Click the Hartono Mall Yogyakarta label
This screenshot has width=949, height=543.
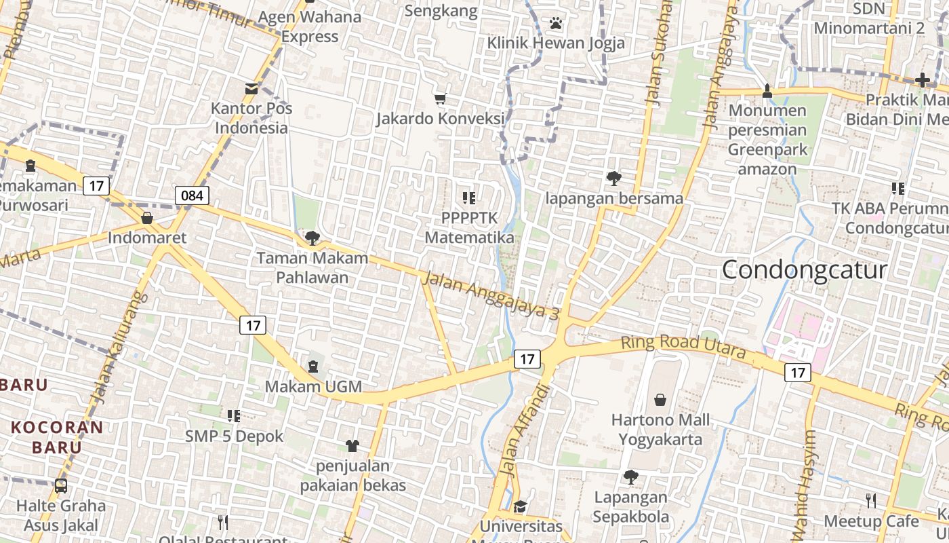click(660, 430)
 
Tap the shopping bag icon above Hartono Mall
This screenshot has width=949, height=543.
click(660, 400)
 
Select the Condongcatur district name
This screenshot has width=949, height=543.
click(804, 270)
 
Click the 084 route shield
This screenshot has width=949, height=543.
click(192, 195)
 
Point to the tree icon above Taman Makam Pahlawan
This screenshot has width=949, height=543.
click(312, 238)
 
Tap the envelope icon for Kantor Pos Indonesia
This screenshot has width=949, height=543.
click(251, 88)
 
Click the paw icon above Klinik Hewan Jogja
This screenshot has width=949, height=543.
click(556, 24)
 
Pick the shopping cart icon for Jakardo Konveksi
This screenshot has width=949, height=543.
click(441, 99)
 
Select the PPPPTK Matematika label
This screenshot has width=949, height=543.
click(469, 228)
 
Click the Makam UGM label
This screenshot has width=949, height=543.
click(313, 387)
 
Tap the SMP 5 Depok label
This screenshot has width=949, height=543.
click(235, 436)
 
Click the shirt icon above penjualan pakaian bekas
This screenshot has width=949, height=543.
click(352, 446)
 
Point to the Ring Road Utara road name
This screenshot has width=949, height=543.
click(683, 347)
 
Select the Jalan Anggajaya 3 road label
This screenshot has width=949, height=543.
click(492, 295)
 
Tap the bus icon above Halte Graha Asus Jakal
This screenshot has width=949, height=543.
click(61, 486)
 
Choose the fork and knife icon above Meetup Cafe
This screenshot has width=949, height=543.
click(871, 501)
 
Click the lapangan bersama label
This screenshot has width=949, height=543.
click(614, 198)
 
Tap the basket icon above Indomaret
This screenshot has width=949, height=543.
click(147, 218)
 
